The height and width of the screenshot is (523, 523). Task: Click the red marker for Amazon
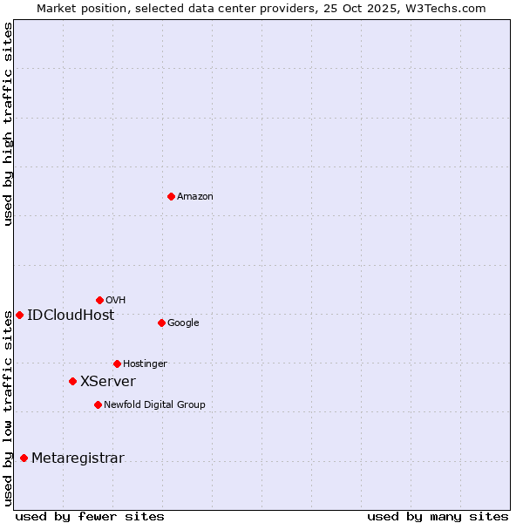[171, 196]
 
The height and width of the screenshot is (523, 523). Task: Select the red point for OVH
[99, 300]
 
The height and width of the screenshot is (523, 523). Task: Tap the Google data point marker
[161, 323]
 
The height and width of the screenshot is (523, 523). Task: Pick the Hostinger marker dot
[117, 363]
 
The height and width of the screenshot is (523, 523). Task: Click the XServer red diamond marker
[72, 381]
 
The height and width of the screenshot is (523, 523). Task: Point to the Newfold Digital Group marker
[98, 404]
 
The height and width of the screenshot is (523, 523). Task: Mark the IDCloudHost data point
[19, 315]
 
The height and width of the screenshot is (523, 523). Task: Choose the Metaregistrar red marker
[24, 458]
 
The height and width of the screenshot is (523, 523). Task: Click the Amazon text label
[195, 197]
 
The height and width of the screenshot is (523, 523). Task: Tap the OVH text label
[116, 301]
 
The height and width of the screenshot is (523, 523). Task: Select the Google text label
[183, 323]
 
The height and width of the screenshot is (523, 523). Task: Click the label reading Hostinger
[145, 364]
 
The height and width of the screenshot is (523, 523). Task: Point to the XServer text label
[108, 382]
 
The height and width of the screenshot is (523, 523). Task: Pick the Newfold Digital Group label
[154, 405]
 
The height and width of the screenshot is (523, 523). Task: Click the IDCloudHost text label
[71, 316]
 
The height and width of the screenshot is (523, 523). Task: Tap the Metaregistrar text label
[78, 458]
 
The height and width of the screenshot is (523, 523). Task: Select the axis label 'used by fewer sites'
[90, 516]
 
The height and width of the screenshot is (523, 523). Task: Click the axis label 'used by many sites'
[438, 516]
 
